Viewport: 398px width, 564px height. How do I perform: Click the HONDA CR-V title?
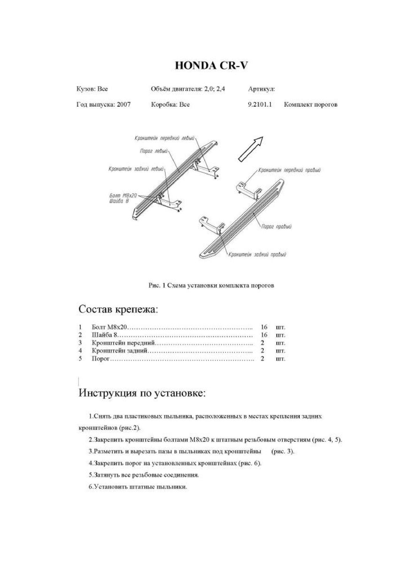[x=211, y=65]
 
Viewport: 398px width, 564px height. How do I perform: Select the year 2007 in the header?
[x=124, y=105]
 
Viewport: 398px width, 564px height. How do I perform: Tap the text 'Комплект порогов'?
[x=310, y=105]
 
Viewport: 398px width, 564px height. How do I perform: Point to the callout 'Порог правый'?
[x=276, y=227]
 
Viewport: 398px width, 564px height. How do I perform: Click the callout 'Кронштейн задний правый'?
[x=257, y=254]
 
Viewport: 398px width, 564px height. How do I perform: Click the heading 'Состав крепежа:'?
[x=118, y=310]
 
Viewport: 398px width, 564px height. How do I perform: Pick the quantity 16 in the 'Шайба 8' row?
[x=264, y=335]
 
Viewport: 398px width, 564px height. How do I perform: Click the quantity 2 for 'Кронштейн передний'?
[x=262, y=343]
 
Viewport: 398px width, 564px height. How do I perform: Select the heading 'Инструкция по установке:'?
[x=142, y=393]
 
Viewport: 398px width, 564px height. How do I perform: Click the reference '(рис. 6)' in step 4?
[x=250, y=463]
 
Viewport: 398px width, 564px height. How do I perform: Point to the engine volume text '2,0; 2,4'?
[x=214, y=88]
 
